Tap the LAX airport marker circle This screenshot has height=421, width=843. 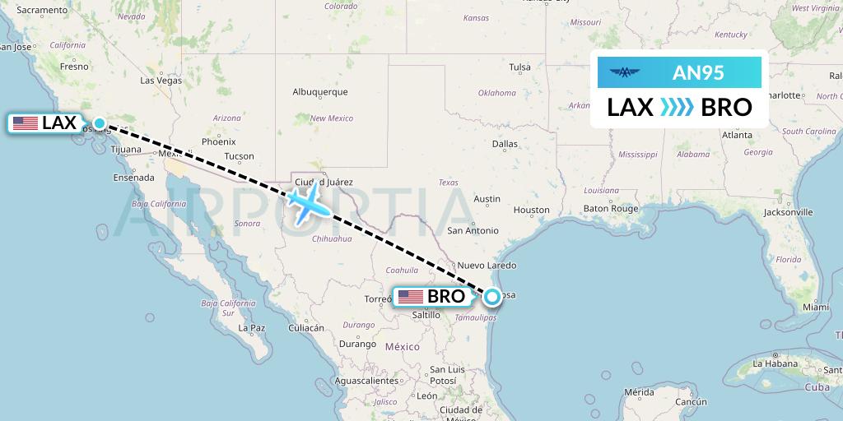(100, 124)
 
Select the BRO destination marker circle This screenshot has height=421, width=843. (491, 297)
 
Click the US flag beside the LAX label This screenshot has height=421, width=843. (26, 124)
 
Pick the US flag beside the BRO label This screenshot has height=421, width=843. (410, 297)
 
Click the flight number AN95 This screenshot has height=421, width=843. (698, 72)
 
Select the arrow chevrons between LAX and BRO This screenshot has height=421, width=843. (678, 108)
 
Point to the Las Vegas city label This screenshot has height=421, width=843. (161, 81)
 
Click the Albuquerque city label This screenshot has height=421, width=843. (320, 92)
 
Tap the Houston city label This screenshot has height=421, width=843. (531, 210)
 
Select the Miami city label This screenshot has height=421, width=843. (816, 307)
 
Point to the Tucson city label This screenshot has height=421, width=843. (239, 156)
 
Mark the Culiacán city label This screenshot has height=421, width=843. (306, 328)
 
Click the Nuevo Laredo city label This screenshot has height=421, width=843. (487, 266)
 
